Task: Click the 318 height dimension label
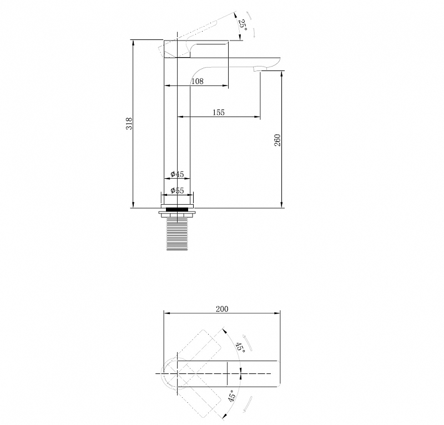129,124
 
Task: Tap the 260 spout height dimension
277,140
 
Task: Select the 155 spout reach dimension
219,113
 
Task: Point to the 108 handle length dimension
198,82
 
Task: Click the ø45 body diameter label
177,174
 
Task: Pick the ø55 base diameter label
177,190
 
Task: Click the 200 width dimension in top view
222,309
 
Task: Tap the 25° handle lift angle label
243,26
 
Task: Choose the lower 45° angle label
232,396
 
